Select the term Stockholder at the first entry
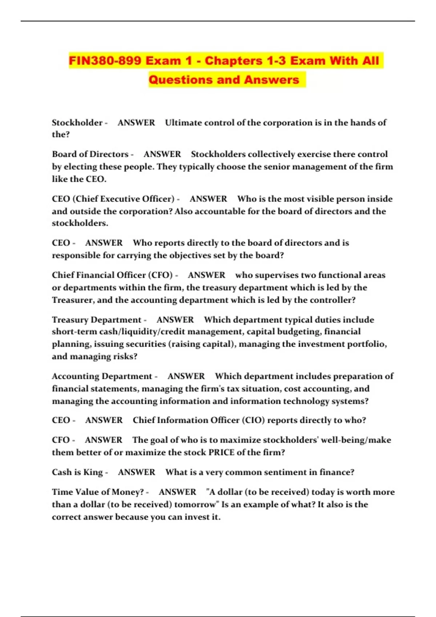click(x=77, y=123)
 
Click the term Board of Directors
click(x=90, y=154)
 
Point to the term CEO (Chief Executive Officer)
click(x=113, y=199)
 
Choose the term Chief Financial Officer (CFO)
click(x=112, y=275)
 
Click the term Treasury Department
click(x=96, y=320)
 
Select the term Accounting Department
click(x=102, y=376)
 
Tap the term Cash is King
click(x=77, y=472)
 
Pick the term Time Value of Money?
click(x=98, y=492)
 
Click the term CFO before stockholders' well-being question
click(x=61, y=440)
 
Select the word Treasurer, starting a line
click(x=73, y=300)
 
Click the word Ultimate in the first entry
click(x=183, y=123)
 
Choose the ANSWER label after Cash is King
click(x=136, y=472)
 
